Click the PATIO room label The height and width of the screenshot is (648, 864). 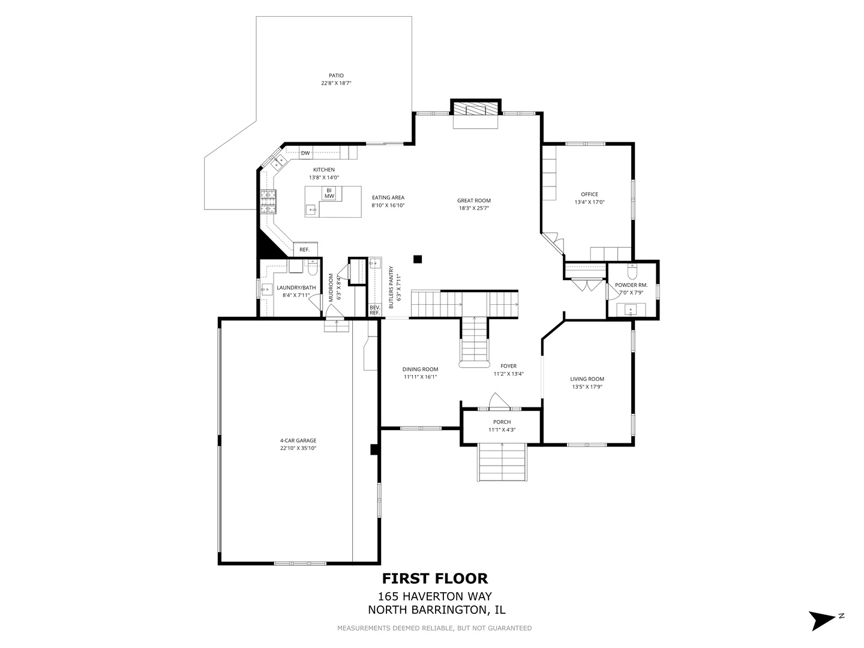pyautogui.click(x=335, y=76)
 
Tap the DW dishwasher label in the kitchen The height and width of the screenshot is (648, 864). pyautogui.click(x=305, y=153)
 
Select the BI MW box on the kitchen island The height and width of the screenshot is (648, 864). pyautogui.click(x=329, y=193)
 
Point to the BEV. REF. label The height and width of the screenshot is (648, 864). pyautogui.click(x=374, y=310)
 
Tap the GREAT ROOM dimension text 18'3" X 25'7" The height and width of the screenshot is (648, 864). pyautogui.click(x=474, y=209)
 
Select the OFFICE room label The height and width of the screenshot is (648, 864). pyautogui.click(x=589, y=194)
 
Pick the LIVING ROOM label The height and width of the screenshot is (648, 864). pyautogui.click(x=587, y=379)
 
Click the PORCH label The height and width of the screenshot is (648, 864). pyautogui.click(x=502, y=422)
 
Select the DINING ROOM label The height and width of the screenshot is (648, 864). pyautogui.click(x=420, y=369)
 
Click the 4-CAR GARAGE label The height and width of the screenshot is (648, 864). pyautogui.click(x=298, y=440)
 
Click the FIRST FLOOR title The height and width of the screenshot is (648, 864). pyautogui.click(x=435, y=578)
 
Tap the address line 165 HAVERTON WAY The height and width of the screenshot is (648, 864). pyautogui.click(x=435, y=596)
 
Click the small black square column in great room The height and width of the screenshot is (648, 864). pyautogui.click(x=418, y=259)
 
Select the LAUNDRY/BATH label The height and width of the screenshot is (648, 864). pyautogui.click(x=296, y=287)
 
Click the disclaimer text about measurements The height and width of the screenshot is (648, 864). pyautogui.click(x=434, y=628)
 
